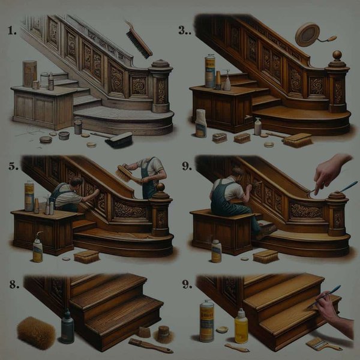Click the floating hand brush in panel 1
[138, 38]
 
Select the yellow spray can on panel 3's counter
[209, 71]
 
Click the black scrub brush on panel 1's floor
[118, 140]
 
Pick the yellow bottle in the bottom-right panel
[241, 326]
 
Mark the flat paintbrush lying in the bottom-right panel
[321, 343]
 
